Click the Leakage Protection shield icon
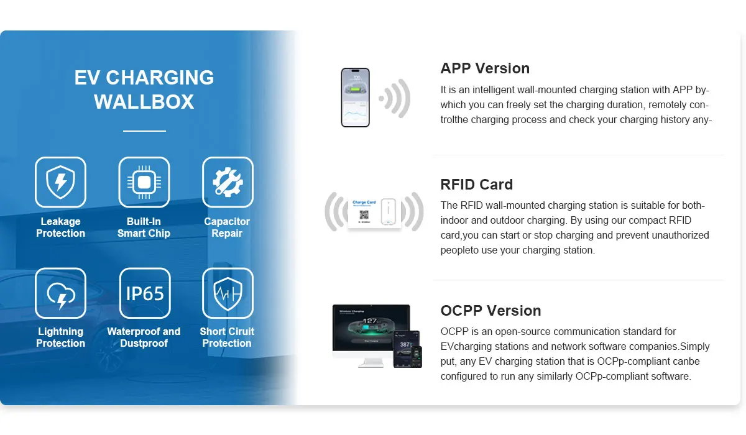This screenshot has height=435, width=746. pyautogui.click(x=60, y=182)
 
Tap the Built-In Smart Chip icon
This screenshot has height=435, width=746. pyautogui.click(x=144, y=182)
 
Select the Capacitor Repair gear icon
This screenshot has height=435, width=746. pyautogui.click(x=228, y=182)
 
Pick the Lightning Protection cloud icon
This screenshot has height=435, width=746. pyautogui.click(x=60, y=293)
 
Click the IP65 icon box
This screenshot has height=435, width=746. pyautogui.click(x=145, y=293)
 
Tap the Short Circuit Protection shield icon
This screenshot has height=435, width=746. pyautogui.click(x=228, y=293)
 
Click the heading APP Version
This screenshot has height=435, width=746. pyautogui.click(x=485, y=68)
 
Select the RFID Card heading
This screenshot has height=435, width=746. pyautogui.click(x=477, y=185)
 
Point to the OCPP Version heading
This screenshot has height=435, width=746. pyautogui.click(x=490, y=311)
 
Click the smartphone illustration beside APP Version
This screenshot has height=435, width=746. pyautogui.click(x=355, y=98)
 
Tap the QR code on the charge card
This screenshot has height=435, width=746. pyautogui.click(x=364, y=214)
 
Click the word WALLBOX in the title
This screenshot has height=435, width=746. pyautogui.click(x=144, y=101)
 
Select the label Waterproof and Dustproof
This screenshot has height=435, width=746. pyautogui.click(x=144, y=337)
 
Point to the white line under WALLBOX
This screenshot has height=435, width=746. pyautogui.click(x=144, y=130)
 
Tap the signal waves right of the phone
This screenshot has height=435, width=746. pyautogui.click(x=395, y=98)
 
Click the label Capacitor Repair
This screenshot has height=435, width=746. pyautogui.click(x=227, y=227)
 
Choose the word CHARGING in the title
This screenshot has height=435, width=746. pyautogui.click(x=160, y=78)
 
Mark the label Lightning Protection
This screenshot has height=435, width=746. pyautogui.click(x=60, y=337)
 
